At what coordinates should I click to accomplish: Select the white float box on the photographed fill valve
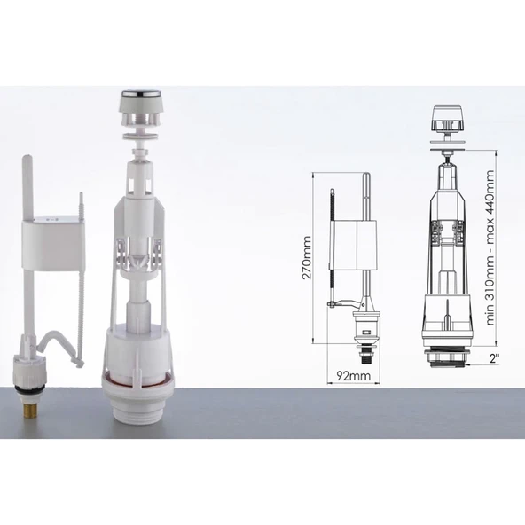(x=51, y=243)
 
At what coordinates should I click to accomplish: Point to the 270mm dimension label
(x=306, y=257)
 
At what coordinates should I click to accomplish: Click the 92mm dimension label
(x=354, y=376)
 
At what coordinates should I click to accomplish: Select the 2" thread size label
(x=494, y=358)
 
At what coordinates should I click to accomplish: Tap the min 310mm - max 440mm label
(x=490, y=247)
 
